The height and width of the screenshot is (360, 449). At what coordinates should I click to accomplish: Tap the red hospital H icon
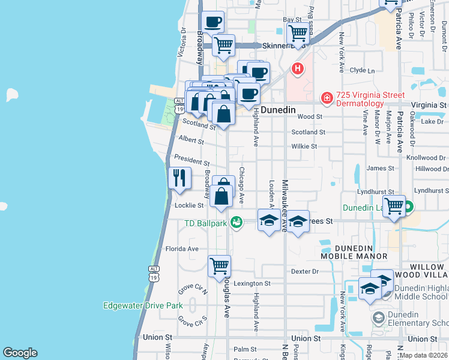click(297, 69)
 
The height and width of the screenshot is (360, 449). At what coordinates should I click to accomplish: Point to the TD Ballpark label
click(205, 224)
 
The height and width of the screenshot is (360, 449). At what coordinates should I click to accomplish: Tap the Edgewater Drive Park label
click(143, 305)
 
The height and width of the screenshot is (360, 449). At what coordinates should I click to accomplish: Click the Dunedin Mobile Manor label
click(354, 252)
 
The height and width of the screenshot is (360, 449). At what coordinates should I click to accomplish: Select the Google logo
click(20, 353)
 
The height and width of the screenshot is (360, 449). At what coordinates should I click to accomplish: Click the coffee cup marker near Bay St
click(212, 23)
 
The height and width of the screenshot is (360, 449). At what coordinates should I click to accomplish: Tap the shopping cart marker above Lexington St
click(219, 265)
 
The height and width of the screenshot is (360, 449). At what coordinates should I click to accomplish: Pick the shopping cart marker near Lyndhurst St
click(394, 206)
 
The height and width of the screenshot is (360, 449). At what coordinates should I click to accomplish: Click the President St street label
click(191, 161)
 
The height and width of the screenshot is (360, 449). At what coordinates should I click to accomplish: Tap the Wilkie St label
click(304, 146)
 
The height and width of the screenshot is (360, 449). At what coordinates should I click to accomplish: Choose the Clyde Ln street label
click(362, 70)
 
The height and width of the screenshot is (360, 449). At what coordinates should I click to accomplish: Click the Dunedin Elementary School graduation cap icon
click(379, 317)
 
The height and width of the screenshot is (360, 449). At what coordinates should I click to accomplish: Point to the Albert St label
click(191, 140)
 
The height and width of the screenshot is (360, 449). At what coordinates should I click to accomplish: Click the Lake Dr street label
click(432, 122)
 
